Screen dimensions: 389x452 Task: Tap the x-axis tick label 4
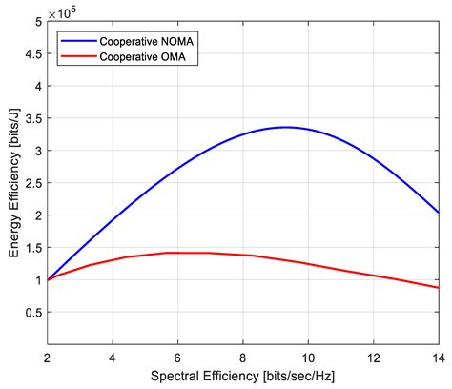[113, 360]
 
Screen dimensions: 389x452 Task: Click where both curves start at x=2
[48, 280]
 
